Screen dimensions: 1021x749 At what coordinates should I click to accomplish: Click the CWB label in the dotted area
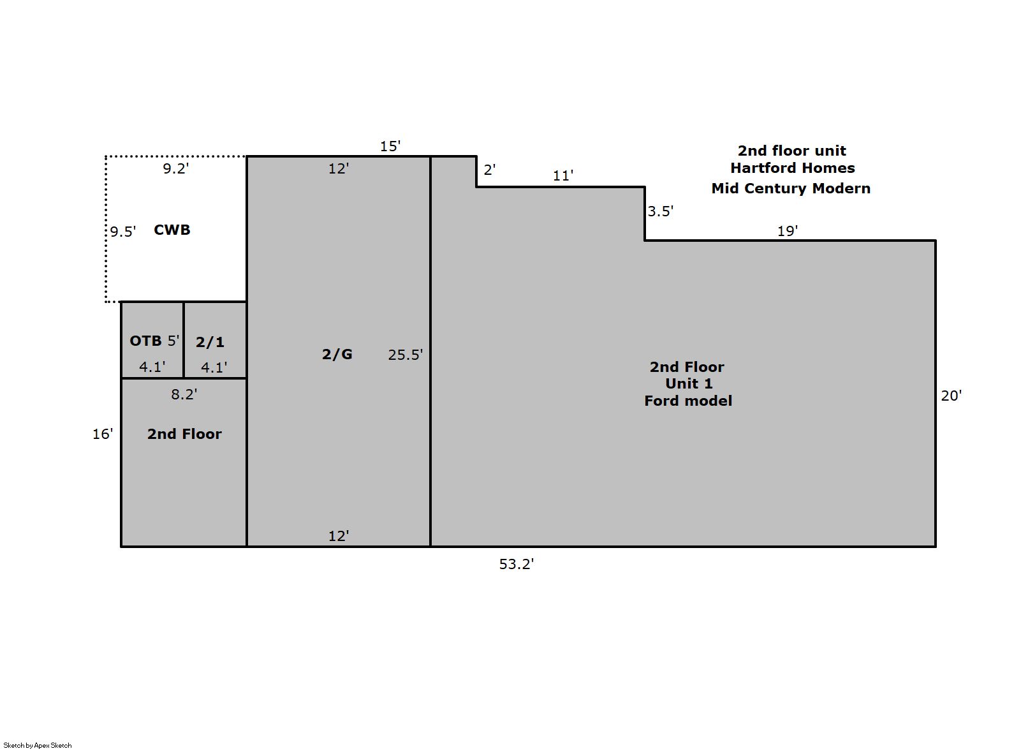pyautogui.click(x=172, y=230)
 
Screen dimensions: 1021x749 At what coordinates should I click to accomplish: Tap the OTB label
pyautogui.click(x=145, y=341)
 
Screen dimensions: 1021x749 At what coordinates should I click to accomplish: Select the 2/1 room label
pyautogui.click(x=210, y=342)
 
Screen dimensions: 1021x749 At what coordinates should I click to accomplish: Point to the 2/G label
pyautogui.click(x=337, y=354)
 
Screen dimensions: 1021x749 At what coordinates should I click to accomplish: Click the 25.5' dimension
pyautogui.click(x=405, y=355)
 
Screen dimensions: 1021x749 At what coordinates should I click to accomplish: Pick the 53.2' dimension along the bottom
pyautogui.click(x=517, y=565)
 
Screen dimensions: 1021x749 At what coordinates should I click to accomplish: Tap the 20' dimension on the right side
pyautogui.click(x=951, y=396)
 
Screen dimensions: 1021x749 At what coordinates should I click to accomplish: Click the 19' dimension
pyautogui.click(x=788, y=231)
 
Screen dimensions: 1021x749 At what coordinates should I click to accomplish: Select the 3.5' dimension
pyautogui.click(x=661, y=212)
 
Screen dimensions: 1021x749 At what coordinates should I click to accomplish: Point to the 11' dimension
pyautogui.click(x=563, y=175)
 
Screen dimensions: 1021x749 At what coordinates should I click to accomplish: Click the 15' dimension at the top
pyautogui.click(x=390, y=146)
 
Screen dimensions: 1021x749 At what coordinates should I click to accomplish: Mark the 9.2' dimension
pyautogui.click(x=176, y=168)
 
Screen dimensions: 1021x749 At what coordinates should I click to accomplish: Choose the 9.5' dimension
pyautogui.click(x=123, y=232)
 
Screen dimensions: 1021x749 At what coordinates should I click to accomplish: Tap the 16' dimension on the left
pyautogui.click(x=103, y=434)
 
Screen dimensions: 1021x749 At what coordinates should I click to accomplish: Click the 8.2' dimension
pyautogui.click(x=184, y=394)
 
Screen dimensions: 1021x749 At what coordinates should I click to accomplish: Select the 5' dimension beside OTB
pyautogui.click(x=173, y=341)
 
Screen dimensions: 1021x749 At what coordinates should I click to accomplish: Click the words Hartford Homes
pyautogui.click(x=793, y=168)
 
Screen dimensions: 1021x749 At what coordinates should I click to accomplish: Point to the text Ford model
pyautogui.click(x=688, y=401)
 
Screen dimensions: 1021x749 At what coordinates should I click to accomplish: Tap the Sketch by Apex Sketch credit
pyautogui.click(x=38, y=745)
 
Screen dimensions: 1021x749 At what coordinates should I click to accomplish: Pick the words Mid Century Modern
pyautogui.click(x=791, y=188)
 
